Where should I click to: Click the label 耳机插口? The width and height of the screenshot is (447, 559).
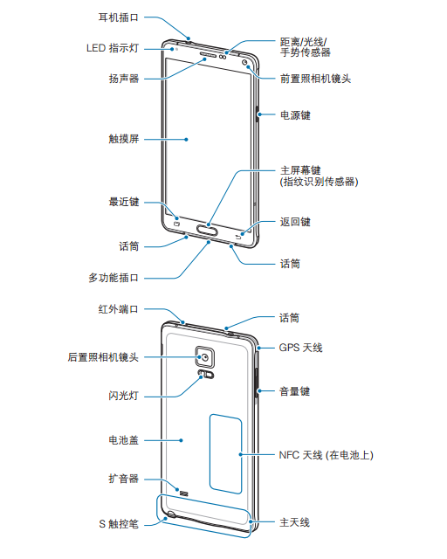tap(118, 17)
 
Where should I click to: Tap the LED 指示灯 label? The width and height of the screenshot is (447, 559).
tap(113, 48)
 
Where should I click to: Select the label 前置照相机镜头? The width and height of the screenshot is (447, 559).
tap(315, 79)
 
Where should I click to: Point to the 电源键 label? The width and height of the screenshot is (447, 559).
tap(295, 115)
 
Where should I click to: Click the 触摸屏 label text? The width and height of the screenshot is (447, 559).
tap(124, 139)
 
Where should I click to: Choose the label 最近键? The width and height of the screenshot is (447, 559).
tap(124, 202)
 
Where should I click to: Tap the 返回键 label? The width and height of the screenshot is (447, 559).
tap(295, 222)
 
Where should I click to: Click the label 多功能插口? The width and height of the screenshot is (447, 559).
tap(113, 278)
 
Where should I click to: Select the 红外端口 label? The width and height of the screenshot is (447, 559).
tap(118, 309)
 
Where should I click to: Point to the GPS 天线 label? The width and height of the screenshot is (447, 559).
tap(300, 348)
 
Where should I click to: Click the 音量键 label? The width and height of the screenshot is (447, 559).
tap(294, 391)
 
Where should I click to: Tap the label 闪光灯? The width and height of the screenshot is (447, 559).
tap(123, 396)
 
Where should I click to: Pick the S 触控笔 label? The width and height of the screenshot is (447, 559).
tap(119, 524)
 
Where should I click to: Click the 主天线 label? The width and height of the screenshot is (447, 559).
tap(294, 522)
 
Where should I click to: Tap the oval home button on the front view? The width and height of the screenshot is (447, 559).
tap(207, 231)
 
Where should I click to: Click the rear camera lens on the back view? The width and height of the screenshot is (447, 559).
tap(205, 357)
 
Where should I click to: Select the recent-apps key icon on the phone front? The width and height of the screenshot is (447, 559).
tap(177, 224)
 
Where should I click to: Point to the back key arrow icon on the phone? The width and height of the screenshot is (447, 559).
tap(239, 236)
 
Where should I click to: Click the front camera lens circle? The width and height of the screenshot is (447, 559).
tap(245, 63)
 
